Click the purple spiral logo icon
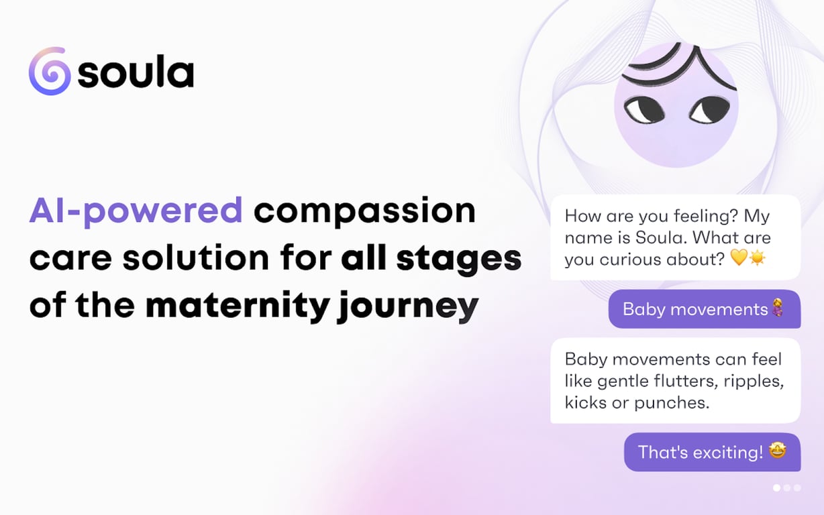(x=50, y=71)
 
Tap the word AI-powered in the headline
(x=136, y=211)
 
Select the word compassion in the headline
(x=364, y=211)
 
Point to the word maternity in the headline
(x=236, y=306)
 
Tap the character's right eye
(x=709, y=109)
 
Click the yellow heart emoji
(x=738, y=259)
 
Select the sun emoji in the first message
(x=758, y=259)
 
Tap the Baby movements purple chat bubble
(x=704, y=309)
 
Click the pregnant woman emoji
(x=778, y=309)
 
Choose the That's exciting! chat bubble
(x=712, y=452)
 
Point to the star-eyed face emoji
(x=777, y=451)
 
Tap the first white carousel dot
(x=777, y=488)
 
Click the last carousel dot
(x=797, y=488)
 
